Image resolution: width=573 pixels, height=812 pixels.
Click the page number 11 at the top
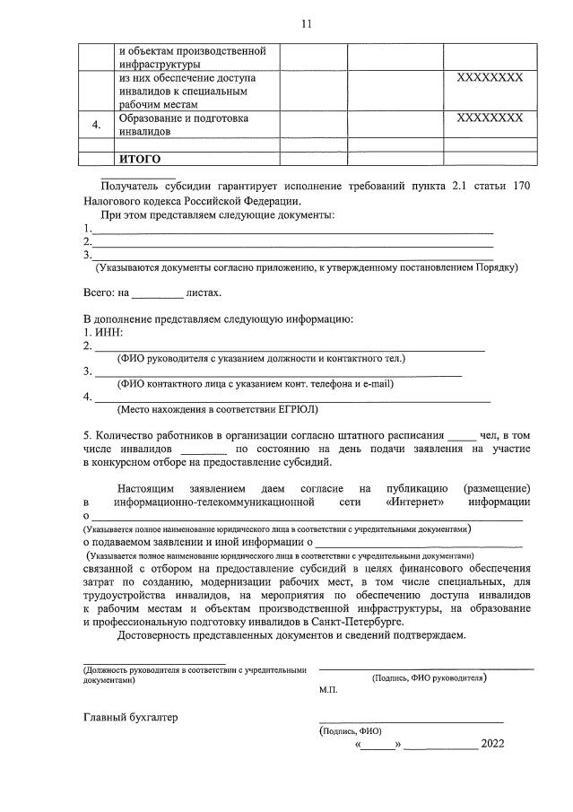[306, 24]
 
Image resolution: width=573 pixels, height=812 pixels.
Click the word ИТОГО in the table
[141, 160]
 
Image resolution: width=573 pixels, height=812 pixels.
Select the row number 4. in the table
[98, 126]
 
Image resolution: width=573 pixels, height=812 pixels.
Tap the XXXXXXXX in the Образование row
[490, 118]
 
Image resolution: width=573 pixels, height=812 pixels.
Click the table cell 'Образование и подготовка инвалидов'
[183, 125]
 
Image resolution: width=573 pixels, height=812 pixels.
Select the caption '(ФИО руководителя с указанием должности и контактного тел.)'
[261, 359]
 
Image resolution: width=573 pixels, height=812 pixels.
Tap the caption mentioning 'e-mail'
[255, 384]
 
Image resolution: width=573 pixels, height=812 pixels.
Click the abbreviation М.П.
[327, 690]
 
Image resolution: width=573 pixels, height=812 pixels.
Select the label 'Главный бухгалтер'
[131, 718]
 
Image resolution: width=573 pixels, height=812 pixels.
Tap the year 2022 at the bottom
[493, 744]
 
